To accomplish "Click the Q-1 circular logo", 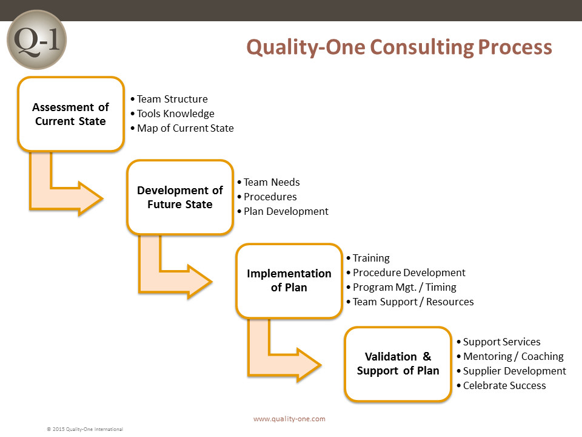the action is point(37,40).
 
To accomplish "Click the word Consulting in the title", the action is point(420,47).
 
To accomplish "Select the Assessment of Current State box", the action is point(70,114).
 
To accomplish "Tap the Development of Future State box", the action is point(180,197).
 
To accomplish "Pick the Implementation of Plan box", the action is point(289,280).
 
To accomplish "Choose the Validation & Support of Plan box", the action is point(398,364).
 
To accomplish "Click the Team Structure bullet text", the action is point(169,99).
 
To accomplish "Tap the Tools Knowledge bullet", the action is point(173,113).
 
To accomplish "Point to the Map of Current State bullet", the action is point(182,128).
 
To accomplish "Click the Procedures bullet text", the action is point(267,197).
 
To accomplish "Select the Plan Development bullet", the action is point(283,211).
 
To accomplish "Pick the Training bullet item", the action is point(368,259).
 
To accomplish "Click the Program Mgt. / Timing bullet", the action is point(401,287).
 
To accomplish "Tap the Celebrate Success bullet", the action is point(501,386).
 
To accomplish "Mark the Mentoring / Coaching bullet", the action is point(510,356).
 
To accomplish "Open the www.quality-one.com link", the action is point(290,419).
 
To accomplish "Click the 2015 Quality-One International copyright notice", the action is point(85,429).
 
